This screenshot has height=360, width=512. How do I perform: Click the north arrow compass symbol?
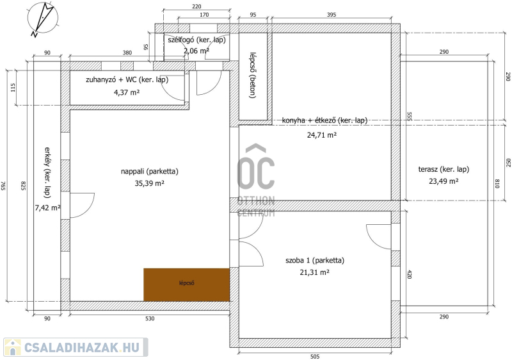point(42,18)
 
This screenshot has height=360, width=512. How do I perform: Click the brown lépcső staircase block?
point(187,285)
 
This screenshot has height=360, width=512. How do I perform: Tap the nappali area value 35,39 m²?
point(150,183)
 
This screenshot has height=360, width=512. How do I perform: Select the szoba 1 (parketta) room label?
point(315,260)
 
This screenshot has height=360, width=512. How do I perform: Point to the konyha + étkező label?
point(324,120)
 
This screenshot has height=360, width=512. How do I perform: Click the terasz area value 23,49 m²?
point(444,181)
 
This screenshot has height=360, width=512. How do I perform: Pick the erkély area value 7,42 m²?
point(47,208)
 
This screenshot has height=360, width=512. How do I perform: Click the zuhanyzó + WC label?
point(127,79)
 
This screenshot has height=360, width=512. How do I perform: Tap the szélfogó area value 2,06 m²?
point(196,51)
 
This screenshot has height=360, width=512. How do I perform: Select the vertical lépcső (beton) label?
point(252,76)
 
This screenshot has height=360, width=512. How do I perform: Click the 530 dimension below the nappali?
point(150,318)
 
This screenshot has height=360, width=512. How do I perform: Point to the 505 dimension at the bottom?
point(315,356)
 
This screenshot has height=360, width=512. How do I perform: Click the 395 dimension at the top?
point(331,15)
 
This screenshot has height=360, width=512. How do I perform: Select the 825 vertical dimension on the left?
point(23,186)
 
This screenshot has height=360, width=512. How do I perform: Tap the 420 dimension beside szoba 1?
point(409,274)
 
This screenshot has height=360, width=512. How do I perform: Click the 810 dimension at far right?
point(497,183)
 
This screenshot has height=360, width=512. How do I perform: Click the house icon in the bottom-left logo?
point(12,347)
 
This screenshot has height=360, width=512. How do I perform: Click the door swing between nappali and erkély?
point(83,206)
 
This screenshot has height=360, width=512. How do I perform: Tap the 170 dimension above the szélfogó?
point(204,15)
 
